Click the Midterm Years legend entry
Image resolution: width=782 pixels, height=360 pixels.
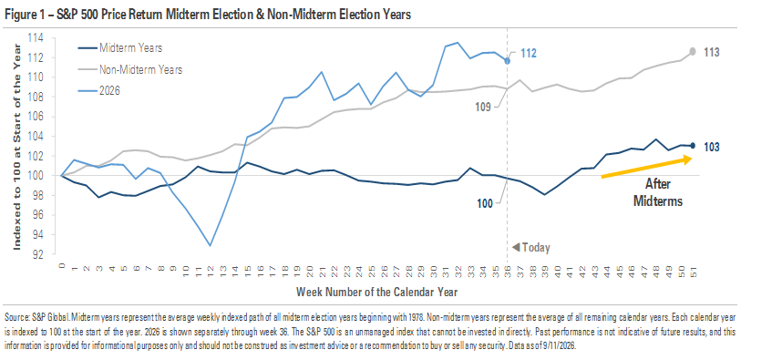pos(119,48)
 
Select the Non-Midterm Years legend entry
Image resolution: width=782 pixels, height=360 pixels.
pos(129,70)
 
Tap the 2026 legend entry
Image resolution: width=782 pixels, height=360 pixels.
pos(99,91)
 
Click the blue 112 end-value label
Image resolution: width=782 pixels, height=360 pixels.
pos(528,53)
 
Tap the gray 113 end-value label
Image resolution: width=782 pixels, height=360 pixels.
pos(712,52)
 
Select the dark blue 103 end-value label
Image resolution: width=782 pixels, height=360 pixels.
pos(712,147)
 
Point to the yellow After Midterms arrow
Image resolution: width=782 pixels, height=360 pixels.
pos(646,168)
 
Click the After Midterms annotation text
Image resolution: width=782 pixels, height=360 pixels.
pos(657,192)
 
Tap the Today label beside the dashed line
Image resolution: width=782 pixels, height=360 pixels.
pos(531,247)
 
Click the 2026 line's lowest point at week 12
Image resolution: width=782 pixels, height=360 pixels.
pos(210,245)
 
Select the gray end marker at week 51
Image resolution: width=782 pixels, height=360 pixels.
pos(693,51)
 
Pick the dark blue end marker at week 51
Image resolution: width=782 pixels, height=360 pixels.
pos(693,146)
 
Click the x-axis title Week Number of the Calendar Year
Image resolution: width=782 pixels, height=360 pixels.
pos(376,291)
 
